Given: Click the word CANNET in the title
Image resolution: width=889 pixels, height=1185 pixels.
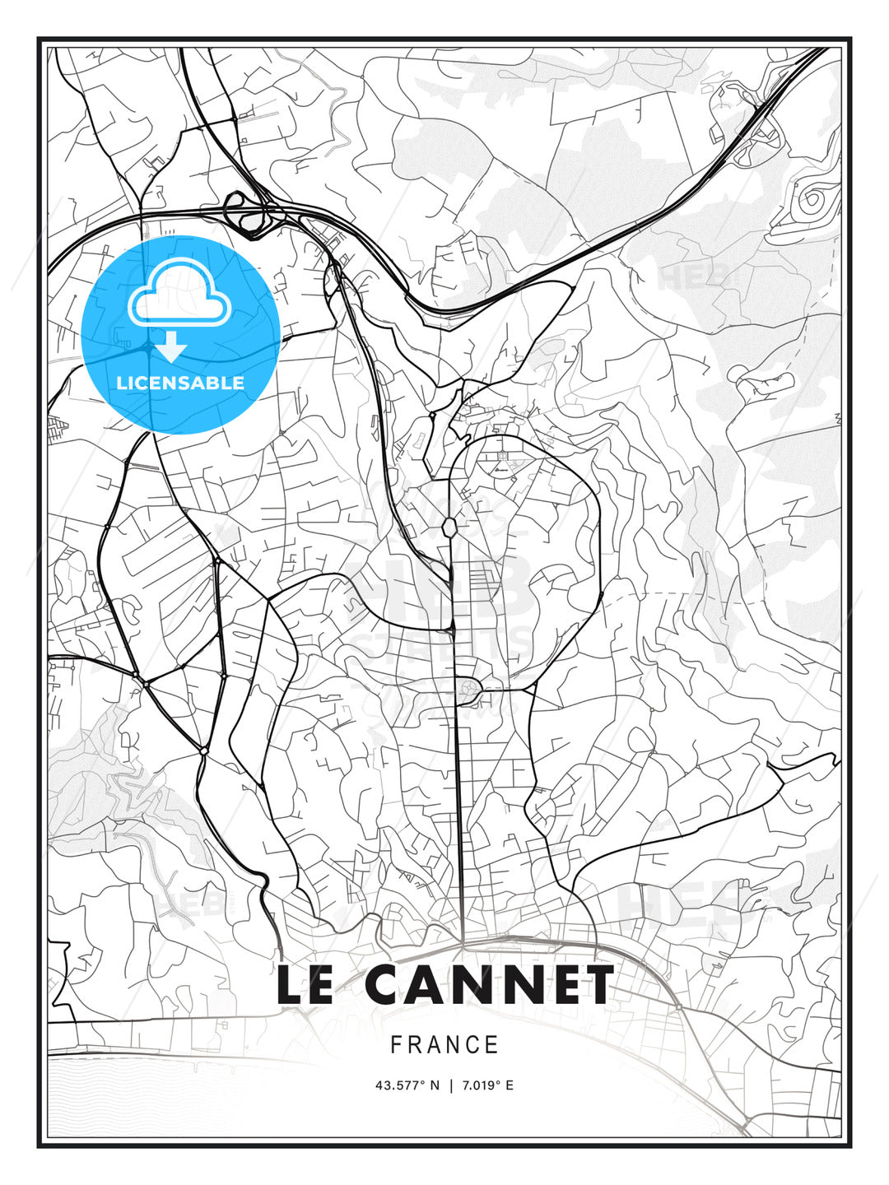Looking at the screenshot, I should (x=489, y=985).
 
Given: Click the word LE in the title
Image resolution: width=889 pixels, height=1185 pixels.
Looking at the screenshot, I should (x=305, y=985).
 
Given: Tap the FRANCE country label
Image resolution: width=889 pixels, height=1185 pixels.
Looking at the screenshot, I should (x=444, y=1045).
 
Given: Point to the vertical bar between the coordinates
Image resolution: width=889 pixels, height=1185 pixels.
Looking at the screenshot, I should (x=450, y=1085).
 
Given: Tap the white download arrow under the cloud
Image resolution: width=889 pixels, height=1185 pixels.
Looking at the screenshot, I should (x=171, y=347).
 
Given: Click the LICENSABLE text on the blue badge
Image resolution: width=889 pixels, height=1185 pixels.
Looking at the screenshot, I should (x=180, y=383).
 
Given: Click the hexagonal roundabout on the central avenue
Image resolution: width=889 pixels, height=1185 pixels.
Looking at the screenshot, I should (x=449, y=526).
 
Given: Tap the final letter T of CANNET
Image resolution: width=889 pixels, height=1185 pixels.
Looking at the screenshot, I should (x=597, y=985).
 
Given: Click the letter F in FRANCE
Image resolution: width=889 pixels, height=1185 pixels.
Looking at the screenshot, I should (x=396, y=1045).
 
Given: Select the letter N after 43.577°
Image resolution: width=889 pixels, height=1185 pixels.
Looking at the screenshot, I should (x=435, y=1085).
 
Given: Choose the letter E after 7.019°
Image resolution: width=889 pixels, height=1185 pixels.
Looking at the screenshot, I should (x=510, y=1085).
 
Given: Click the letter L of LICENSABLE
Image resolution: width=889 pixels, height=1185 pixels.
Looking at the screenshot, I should (x=121, y=383).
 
